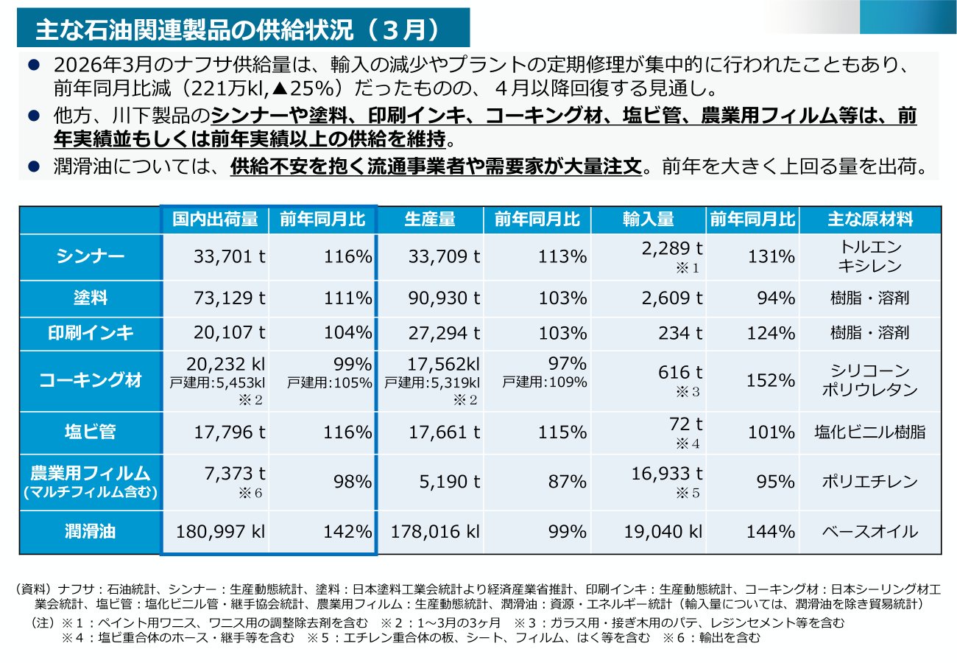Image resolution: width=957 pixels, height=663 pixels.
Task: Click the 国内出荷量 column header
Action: pos(215,220)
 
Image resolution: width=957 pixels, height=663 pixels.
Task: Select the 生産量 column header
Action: pos(430,220)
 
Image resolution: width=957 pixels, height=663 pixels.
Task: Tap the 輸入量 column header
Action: pos(648,220)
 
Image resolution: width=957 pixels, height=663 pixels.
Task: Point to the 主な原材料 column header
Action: pos(870,220)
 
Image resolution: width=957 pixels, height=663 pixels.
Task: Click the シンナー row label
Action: pos(91,256)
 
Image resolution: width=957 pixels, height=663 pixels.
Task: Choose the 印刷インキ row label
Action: pos(91,333)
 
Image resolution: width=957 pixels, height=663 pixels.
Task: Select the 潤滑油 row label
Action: pos(91,531)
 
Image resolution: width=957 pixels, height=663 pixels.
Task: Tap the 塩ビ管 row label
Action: pos(91,432)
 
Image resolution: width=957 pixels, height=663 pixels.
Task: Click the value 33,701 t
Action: pos(230,256)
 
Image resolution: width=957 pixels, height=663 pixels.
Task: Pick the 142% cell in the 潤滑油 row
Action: pos(347,532)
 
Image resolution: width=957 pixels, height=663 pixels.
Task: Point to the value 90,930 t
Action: pos(445,298)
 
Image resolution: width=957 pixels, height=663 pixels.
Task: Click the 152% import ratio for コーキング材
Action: pos(771,380)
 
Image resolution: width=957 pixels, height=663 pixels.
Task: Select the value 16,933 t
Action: pos(667,474)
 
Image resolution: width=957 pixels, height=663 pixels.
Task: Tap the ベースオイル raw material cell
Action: pos(870,532)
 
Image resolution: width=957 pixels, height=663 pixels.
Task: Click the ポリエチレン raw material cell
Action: pos(870,482)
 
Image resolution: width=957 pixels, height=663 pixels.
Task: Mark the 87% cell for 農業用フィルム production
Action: pos(568,482)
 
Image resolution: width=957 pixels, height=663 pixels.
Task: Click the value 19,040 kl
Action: pos(663,532)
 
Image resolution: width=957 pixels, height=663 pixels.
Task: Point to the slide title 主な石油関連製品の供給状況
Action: pos(194,29)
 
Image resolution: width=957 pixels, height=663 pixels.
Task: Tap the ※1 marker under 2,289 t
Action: pos(688,268)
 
